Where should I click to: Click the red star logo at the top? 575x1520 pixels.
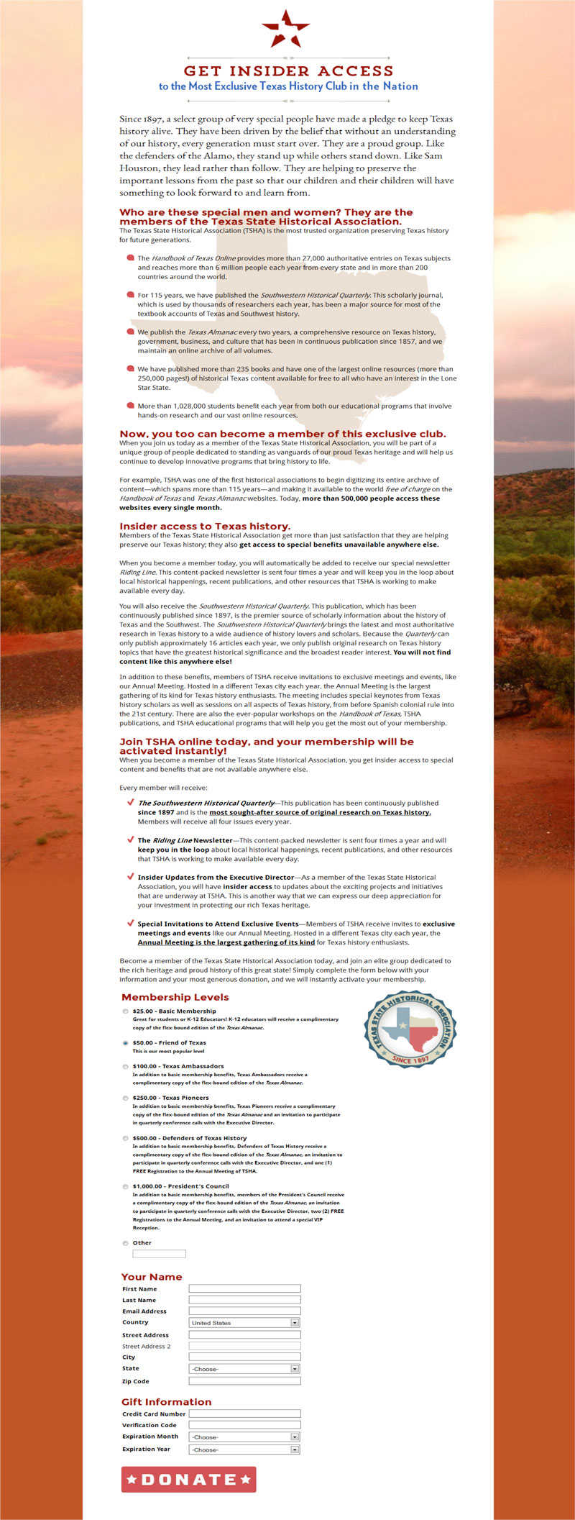(x=286, y=29)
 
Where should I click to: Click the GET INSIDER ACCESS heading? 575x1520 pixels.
(x=288, y=70)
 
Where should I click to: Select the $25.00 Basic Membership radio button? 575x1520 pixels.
(x=126, y=1011)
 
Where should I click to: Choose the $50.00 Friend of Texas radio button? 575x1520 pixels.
(x=126, y=1042)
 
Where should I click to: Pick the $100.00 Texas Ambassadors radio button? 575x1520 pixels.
(x=126, y=1066)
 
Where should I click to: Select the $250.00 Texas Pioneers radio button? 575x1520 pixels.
(x=126, y=1098)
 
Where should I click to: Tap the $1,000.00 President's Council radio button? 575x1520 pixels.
(x=126, y=1186)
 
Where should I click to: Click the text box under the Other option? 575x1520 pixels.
(x=159, y=1254)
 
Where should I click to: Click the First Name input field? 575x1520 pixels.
(x=244, y=1288)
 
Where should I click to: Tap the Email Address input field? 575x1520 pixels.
(x=244, y=1311)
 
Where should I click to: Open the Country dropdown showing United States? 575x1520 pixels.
(x=244, y=1322)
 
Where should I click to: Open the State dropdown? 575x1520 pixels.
(x=244, y=1368)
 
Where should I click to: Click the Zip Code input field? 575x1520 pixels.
(x=244, y=1380)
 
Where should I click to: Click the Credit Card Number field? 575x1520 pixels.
(x=244, y=1414)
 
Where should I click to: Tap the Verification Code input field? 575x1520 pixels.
(x=244, y=1424)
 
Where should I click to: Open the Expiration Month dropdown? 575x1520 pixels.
(x=244, y=1437)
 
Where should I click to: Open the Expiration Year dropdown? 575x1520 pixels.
(x=244, y=1449)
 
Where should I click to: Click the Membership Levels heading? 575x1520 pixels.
(x=175, y=997)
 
